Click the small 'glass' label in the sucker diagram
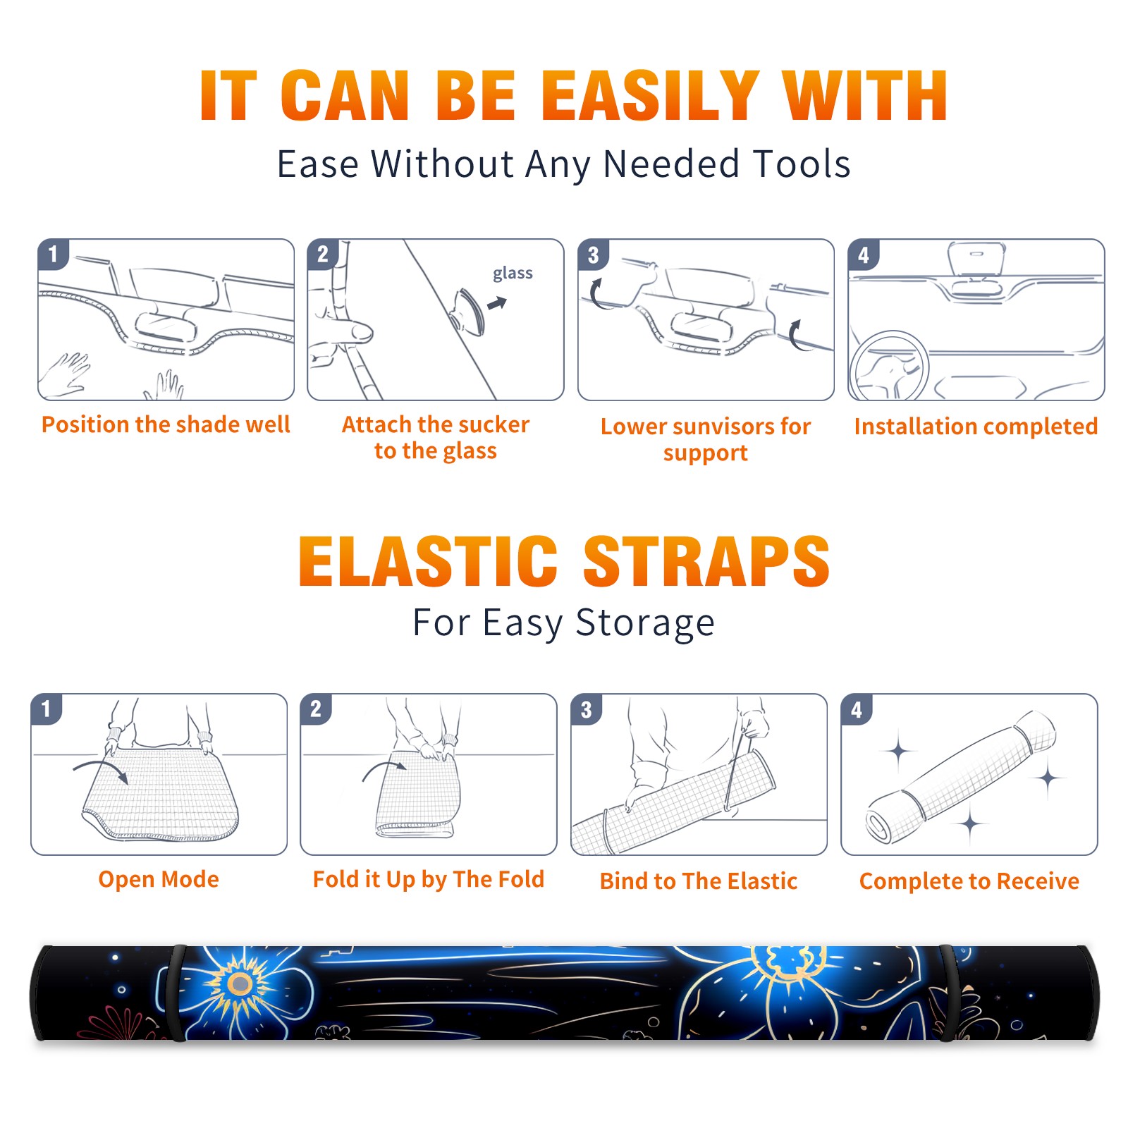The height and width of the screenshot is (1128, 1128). (513, 274)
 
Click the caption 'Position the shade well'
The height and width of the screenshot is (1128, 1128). (166, 424)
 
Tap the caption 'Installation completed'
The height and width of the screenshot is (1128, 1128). (976, 426)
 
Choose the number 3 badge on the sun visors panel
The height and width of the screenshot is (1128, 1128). (593, 255)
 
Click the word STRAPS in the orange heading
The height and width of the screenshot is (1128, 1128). (706, 561)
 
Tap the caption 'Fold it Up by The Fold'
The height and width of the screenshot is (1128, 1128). (428, 879)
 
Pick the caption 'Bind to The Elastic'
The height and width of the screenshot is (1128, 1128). (698, 881)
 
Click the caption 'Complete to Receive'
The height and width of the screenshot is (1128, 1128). (969, 881)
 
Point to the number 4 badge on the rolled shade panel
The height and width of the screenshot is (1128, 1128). (857, 709)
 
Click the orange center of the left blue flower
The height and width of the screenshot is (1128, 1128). (240, 983)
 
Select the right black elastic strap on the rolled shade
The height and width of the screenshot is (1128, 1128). (949, 993)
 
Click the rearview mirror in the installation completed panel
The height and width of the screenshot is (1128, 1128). (976, 261)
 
